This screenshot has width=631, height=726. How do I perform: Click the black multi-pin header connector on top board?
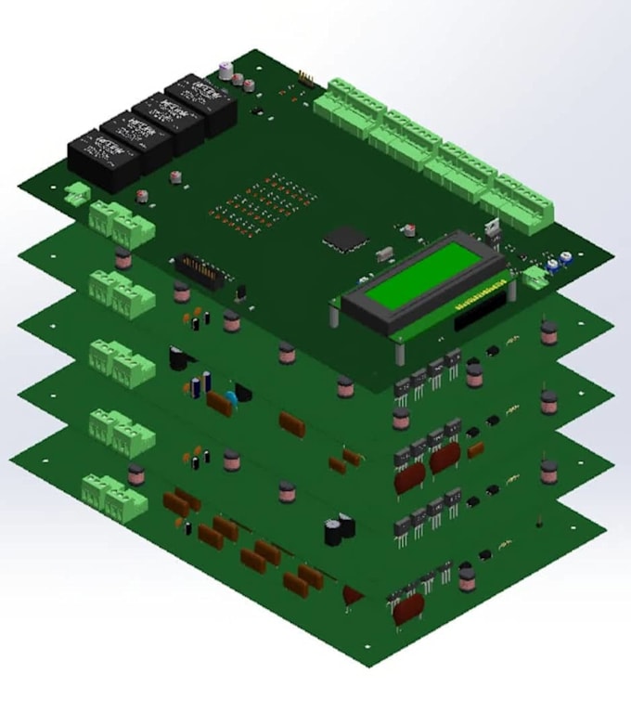pyautogui.click(x=200, y=272)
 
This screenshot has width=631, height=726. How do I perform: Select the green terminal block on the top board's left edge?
pyautogui.click(x=121, y=223)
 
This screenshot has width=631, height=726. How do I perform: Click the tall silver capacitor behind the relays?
pyautogui.click(x=225, y=71)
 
